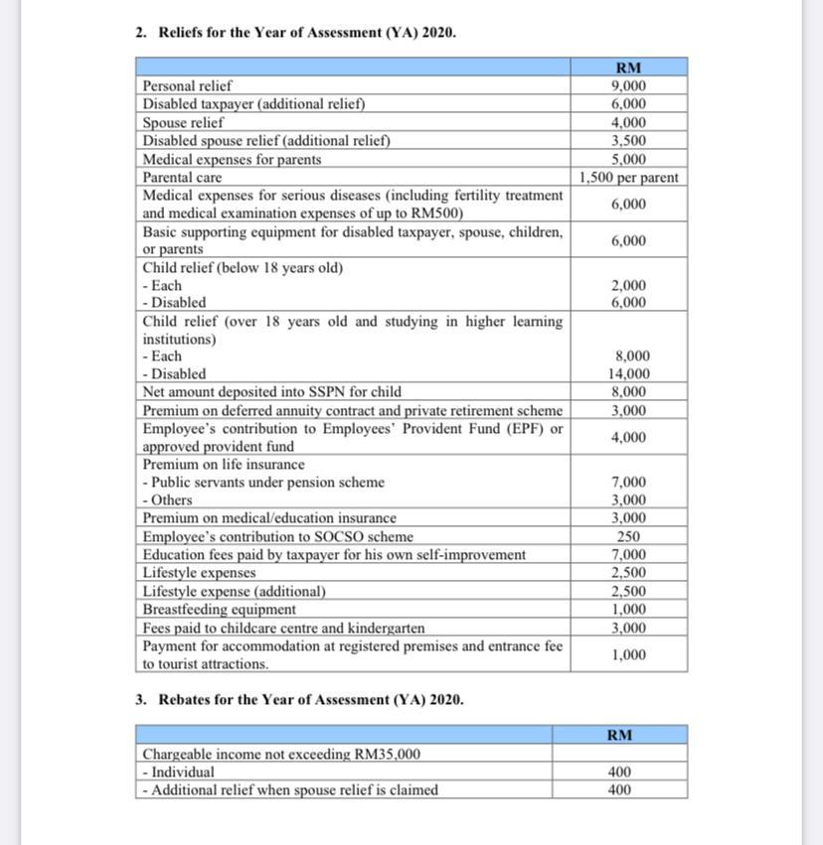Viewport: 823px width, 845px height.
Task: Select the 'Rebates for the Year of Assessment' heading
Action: click(x=310, y=699)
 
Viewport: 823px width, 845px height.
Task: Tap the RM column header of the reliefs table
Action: click(x=628, y=68)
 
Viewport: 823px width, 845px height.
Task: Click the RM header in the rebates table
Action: click(x=619, y=735)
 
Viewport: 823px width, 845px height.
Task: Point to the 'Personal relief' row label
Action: click(x=187, y=86)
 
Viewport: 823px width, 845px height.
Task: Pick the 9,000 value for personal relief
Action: click(x=628, y=86)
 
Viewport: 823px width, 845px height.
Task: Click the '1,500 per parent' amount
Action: click(x=628, y=178)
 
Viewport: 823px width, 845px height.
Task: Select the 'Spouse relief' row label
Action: click(x=183, y=123)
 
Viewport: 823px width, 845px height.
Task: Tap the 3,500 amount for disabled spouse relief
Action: click(x=628, y=141)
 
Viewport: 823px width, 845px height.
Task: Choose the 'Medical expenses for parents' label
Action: click(x=232, y=159)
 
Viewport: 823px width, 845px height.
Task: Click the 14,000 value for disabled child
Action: click(x=628, y=374)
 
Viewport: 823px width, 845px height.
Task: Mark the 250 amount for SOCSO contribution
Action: click(x=628, y=536)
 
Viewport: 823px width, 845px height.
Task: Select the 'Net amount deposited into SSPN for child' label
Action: click(x=272, y=392)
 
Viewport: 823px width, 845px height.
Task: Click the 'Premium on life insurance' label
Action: click(x=224, y=465)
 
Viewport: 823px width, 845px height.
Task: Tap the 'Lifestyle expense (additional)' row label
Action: click(x=235, y=591)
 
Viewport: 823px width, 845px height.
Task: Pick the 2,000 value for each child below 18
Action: click(x=628, y=286)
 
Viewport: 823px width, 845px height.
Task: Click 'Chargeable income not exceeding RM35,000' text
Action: click(x=281, y=754)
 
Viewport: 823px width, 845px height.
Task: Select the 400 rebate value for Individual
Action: click(x=619, y=772)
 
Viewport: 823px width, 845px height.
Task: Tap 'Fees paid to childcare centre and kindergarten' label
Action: click(x=283, y=628)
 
